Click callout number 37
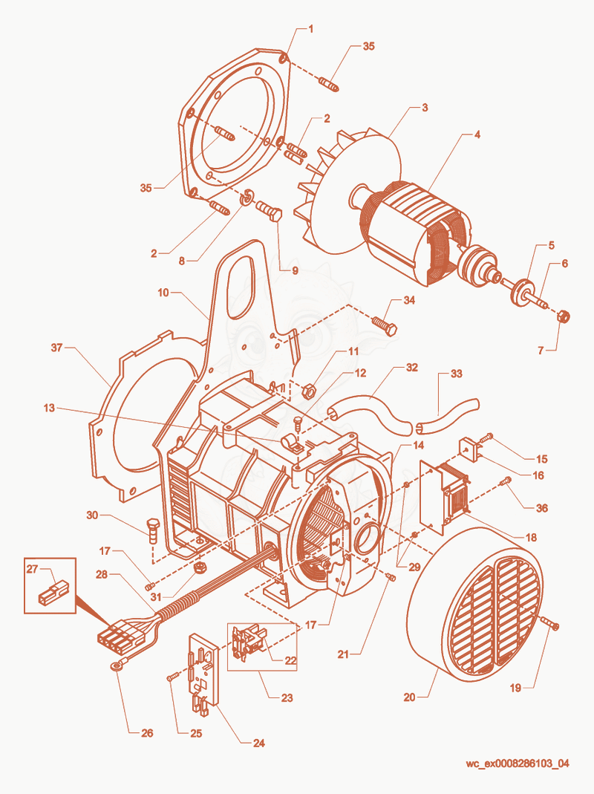(x=56, y=348)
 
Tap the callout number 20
(x=409, y=697)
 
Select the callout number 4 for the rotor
(x=477, y=134)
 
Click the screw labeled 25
(x=173, y=677)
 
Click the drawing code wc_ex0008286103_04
(x=517, y=763)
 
